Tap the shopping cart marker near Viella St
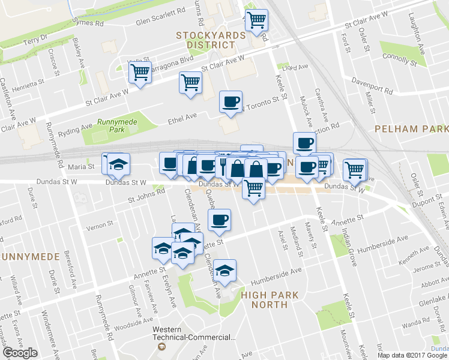[140, 72]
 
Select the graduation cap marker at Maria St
[119, 164]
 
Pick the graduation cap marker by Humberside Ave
[225, 270]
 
